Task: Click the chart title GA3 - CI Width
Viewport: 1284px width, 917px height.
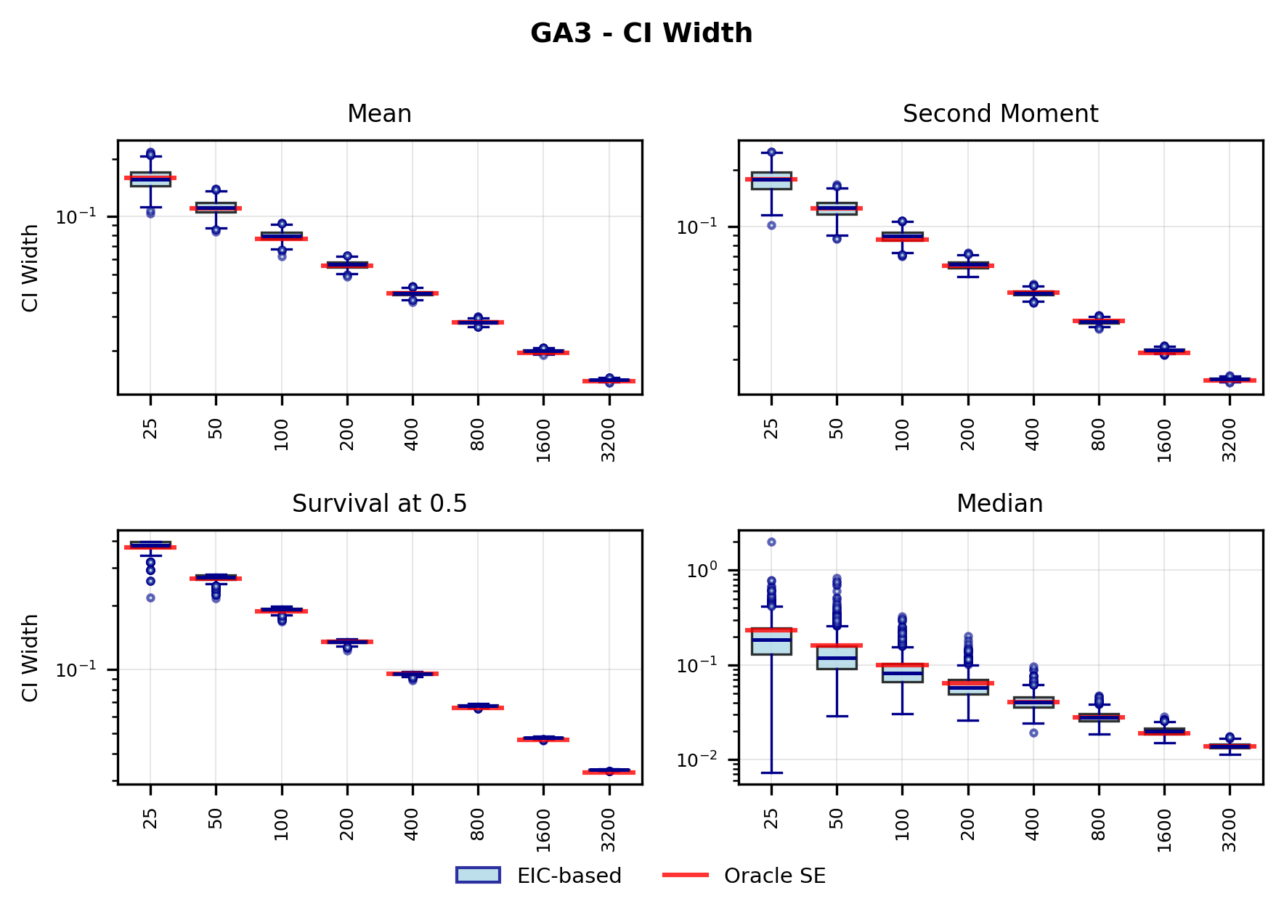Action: [x=641, y=33]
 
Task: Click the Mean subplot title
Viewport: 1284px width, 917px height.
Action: [x=379, y=114]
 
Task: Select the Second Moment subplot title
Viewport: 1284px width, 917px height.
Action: [x=1000, y=114]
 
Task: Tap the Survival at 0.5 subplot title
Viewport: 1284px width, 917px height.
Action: [x=379, y=504]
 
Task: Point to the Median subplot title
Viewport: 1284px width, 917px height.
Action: [x=999, y=504]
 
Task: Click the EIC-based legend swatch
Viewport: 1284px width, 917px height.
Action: [x=478, y=875]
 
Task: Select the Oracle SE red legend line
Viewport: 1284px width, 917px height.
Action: [x=685, y=875]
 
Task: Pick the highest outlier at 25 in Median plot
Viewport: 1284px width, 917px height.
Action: [x=771, y=542]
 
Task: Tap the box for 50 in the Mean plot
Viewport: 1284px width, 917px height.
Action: [x=216, y=208]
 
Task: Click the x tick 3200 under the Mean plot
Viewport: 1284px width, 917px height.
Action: [x=609, y=440]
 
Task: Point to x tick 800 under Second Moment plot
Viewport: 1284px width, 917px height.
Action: [x=1098, y=434]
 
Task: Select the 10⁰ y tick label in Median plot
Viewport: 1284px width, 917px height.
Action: [x=702, y=571]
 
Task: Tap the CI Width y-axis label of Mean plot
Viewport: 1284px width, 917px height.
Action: [x=30, y=268]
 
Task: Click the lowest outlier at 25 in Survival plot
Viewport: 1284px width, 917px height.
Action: [x=150, y=598]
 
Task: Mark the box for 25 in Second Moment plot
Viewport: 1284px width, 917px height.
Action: [x=771, y=181]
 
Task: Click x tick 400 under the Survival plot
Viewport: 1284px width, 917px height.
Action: [x=413, y=824]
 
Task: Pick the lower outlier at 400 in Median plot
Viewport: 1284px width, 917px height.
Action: [x=1033, y=733]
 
